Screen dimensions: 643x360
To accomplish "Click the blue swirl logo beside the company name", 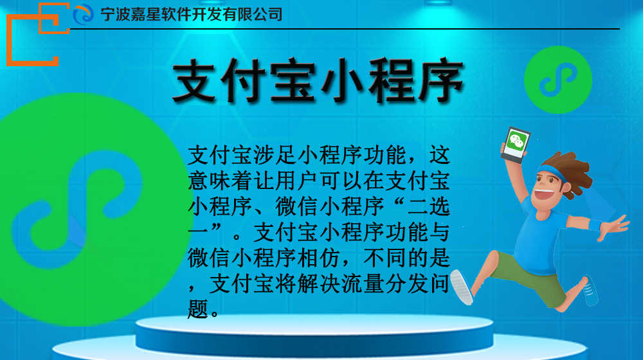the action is [x=83, y=14].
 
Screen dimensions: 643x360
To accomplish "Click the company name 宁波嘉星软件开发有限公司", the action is [x=192, y=14].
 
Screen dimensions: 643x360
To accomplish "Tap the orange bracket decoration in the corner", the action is [x=37, y=35].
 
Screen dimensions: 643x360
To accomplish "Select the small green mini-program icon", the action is [x=557, y=80].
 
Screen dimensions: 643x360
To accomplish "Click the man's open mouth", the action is [x=542, y=194].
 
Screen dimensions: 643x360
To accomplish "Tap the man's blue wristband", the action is [x=595, y=225].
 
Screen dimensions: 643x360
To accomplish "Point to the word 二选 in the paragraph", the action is [x=429, y=206].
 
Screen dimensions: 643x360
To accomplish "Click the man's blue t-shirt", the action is [x=537, y=238].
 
